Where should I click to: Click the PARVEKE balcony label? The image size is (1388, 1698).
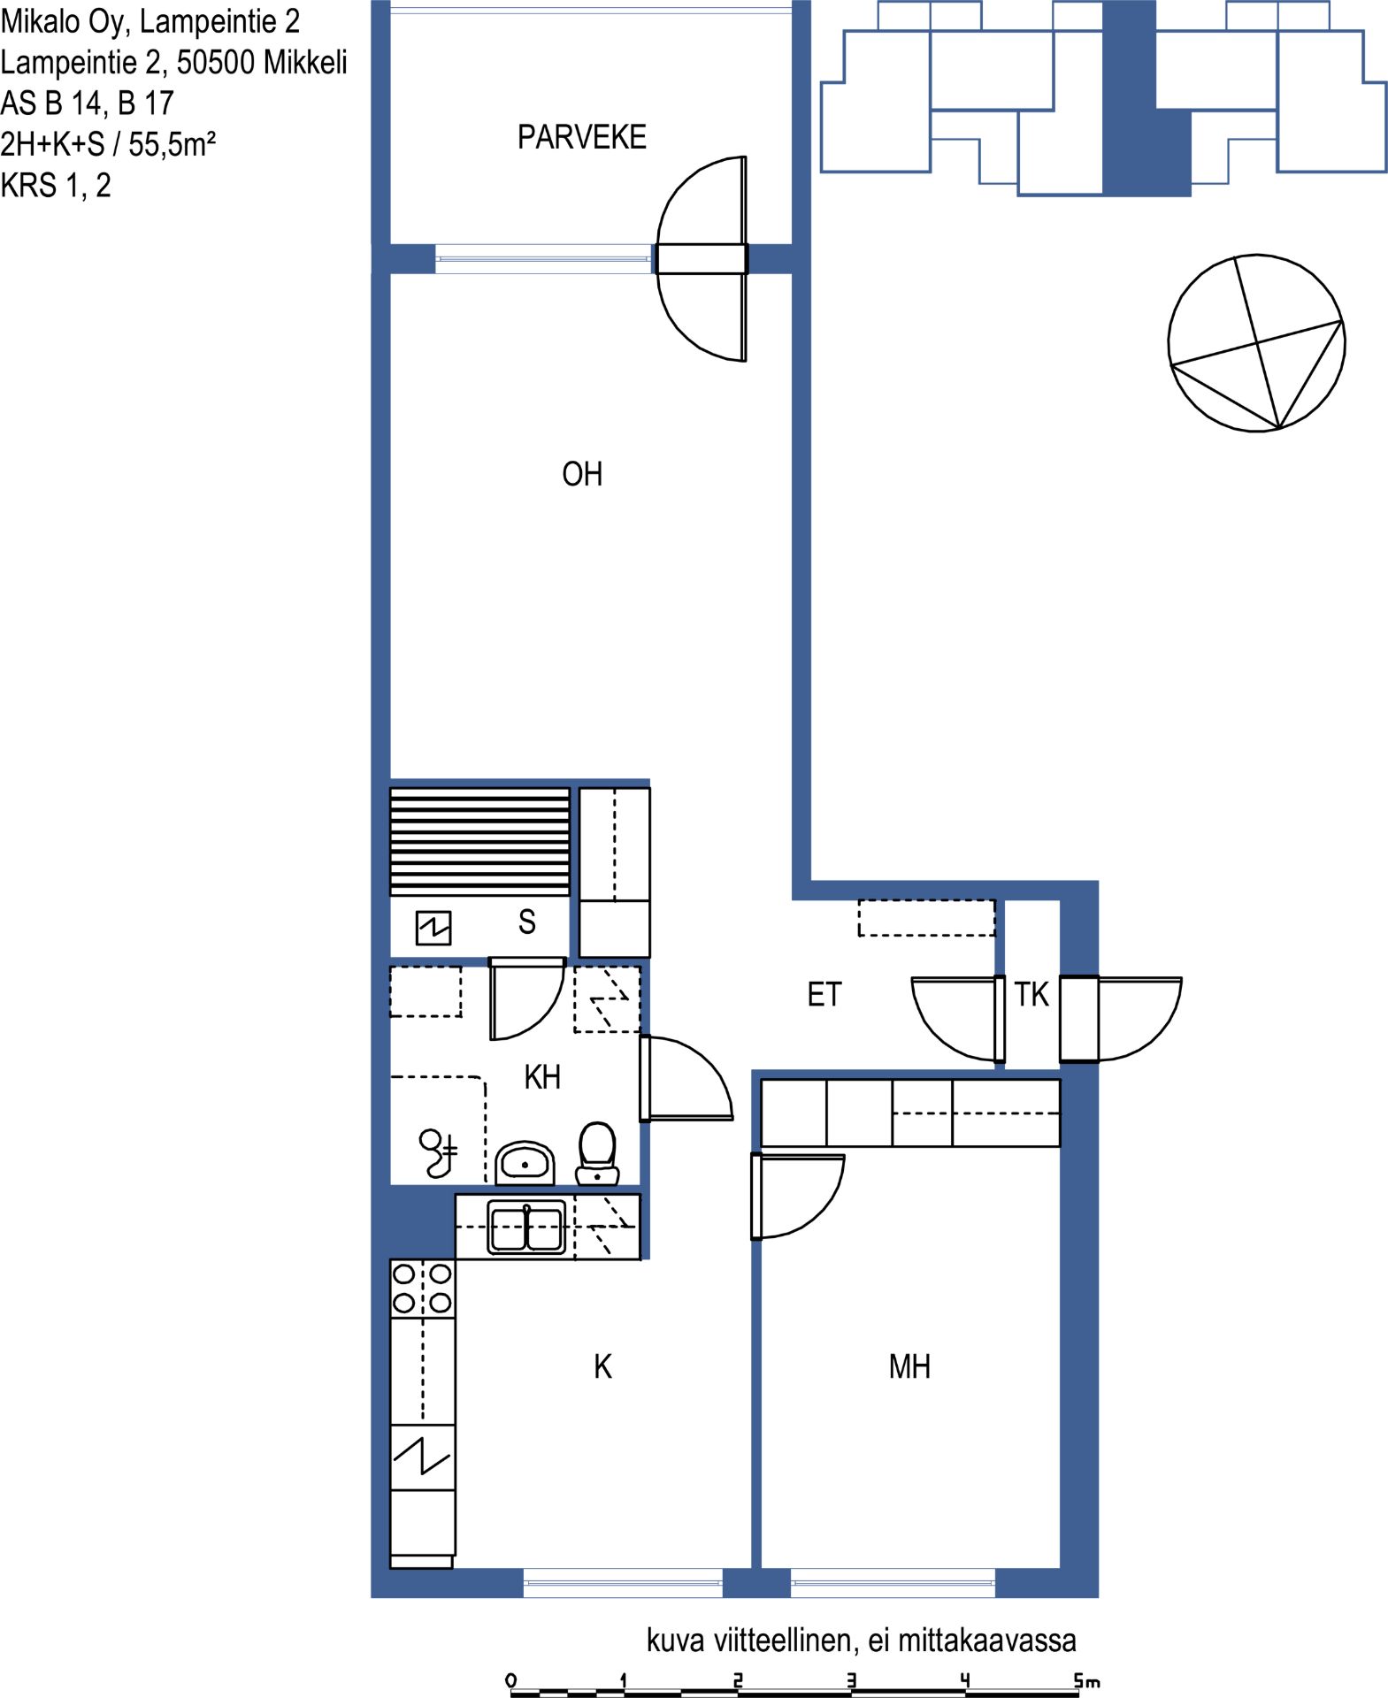[x=581, y=137]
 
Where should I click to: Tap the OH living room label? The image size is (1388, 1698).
[x=582, y=474]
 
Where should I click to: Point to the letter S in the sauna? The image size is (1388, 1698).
[x=527, y=922]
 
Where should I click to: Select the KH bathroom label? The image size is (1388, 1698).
[x=542, y=1077]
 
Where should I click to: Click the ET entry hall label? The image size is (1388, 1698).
[x=824, y=995]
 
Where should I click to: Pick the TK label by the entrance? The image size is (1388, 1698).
[x=1031, y=994]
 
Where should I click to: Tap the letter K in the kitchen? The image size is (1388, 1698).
[x=602, y=1366]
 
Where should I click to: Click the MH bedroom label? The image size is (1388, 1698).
[x=909, y=1366]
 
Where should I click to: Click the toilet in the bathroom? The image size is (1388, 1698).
[x=597, y=1153]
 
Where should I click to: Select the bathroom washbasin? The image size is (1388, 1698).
[x=525, y=1162]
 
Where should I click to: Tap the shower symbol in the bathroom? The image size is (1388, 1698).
[x=438, y=1153]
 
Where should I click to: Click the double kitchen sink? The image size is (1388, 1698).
[x=526, y=1228]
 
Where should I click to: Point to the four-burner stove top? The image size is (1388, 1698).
[x=423, y=1289]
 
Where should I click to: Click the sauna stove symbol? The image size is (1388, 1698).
[x=433, y=928]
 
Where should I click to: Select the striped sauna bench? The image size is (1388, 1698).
[x=480, y=841]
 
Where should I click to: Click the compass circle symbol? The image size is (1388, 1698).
[x=1256, y=343]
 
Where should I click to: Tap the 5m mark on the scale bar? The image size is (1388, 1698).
[x=1087, y=1680]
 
